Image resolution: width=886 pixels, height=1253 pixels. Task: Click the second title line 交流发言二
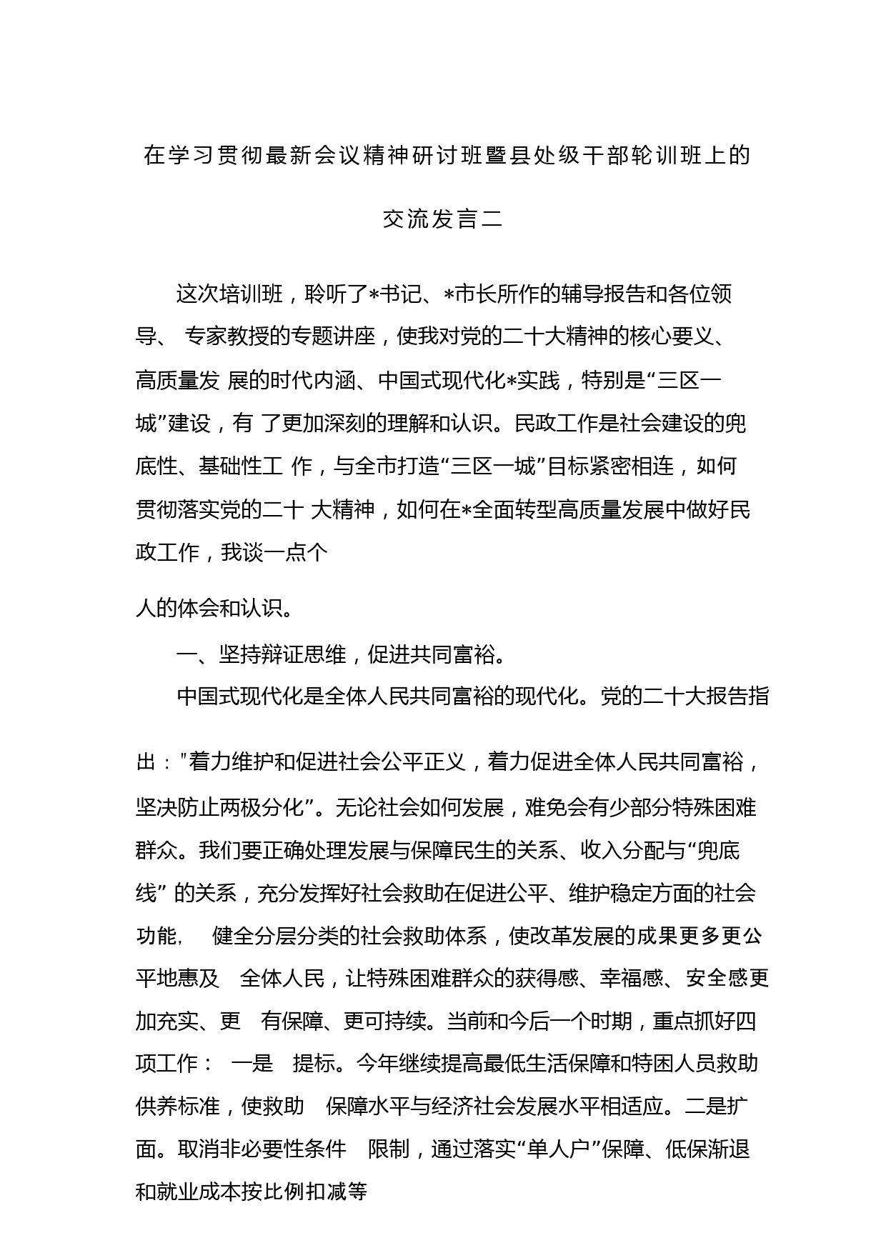tap(442, 219)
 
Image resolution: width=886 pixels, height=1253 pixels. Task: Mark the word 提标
tap(314, 1064)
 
